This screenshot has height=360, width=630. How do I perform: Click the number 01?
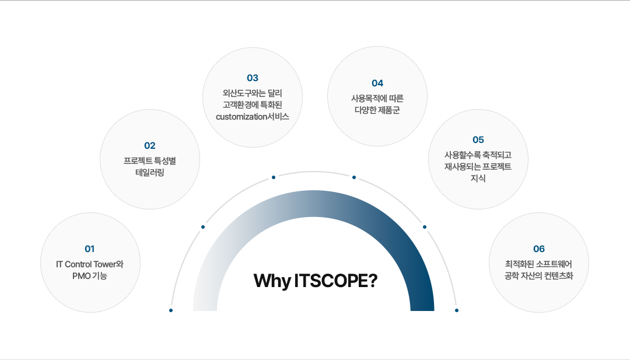click(90, 249)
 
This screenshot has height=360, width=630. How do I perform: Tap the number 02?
click(150, 146)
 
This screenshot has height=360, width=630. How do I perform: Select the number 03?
click(253, 78)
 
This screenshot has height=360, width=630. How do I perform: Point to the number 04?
click(377, 83)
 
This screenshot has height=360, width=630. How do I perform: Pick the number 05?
click(478, 140)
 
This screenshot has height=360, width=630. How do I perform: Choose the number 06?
click(539, 249)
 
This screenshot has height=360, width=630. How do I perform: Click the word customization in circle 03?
click(242, 117)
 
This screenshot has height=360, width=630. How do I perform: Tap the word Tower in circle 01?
click(104, 264)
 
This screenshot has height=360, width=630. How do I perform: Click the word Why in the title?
click(272, 281)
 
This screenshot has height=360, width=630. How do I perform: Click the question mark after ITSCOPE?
click(372, 281)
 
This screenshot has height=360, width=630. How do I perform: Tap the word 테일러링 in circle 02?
click(150, 173)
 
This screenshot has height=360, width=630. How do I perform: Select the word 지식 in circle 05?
click(478, 179)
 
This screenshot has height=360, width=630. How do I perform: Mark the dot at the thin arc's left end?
click(171, 310)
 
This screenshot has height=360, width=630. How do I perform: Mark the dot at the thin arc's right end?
click(456, 310)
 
